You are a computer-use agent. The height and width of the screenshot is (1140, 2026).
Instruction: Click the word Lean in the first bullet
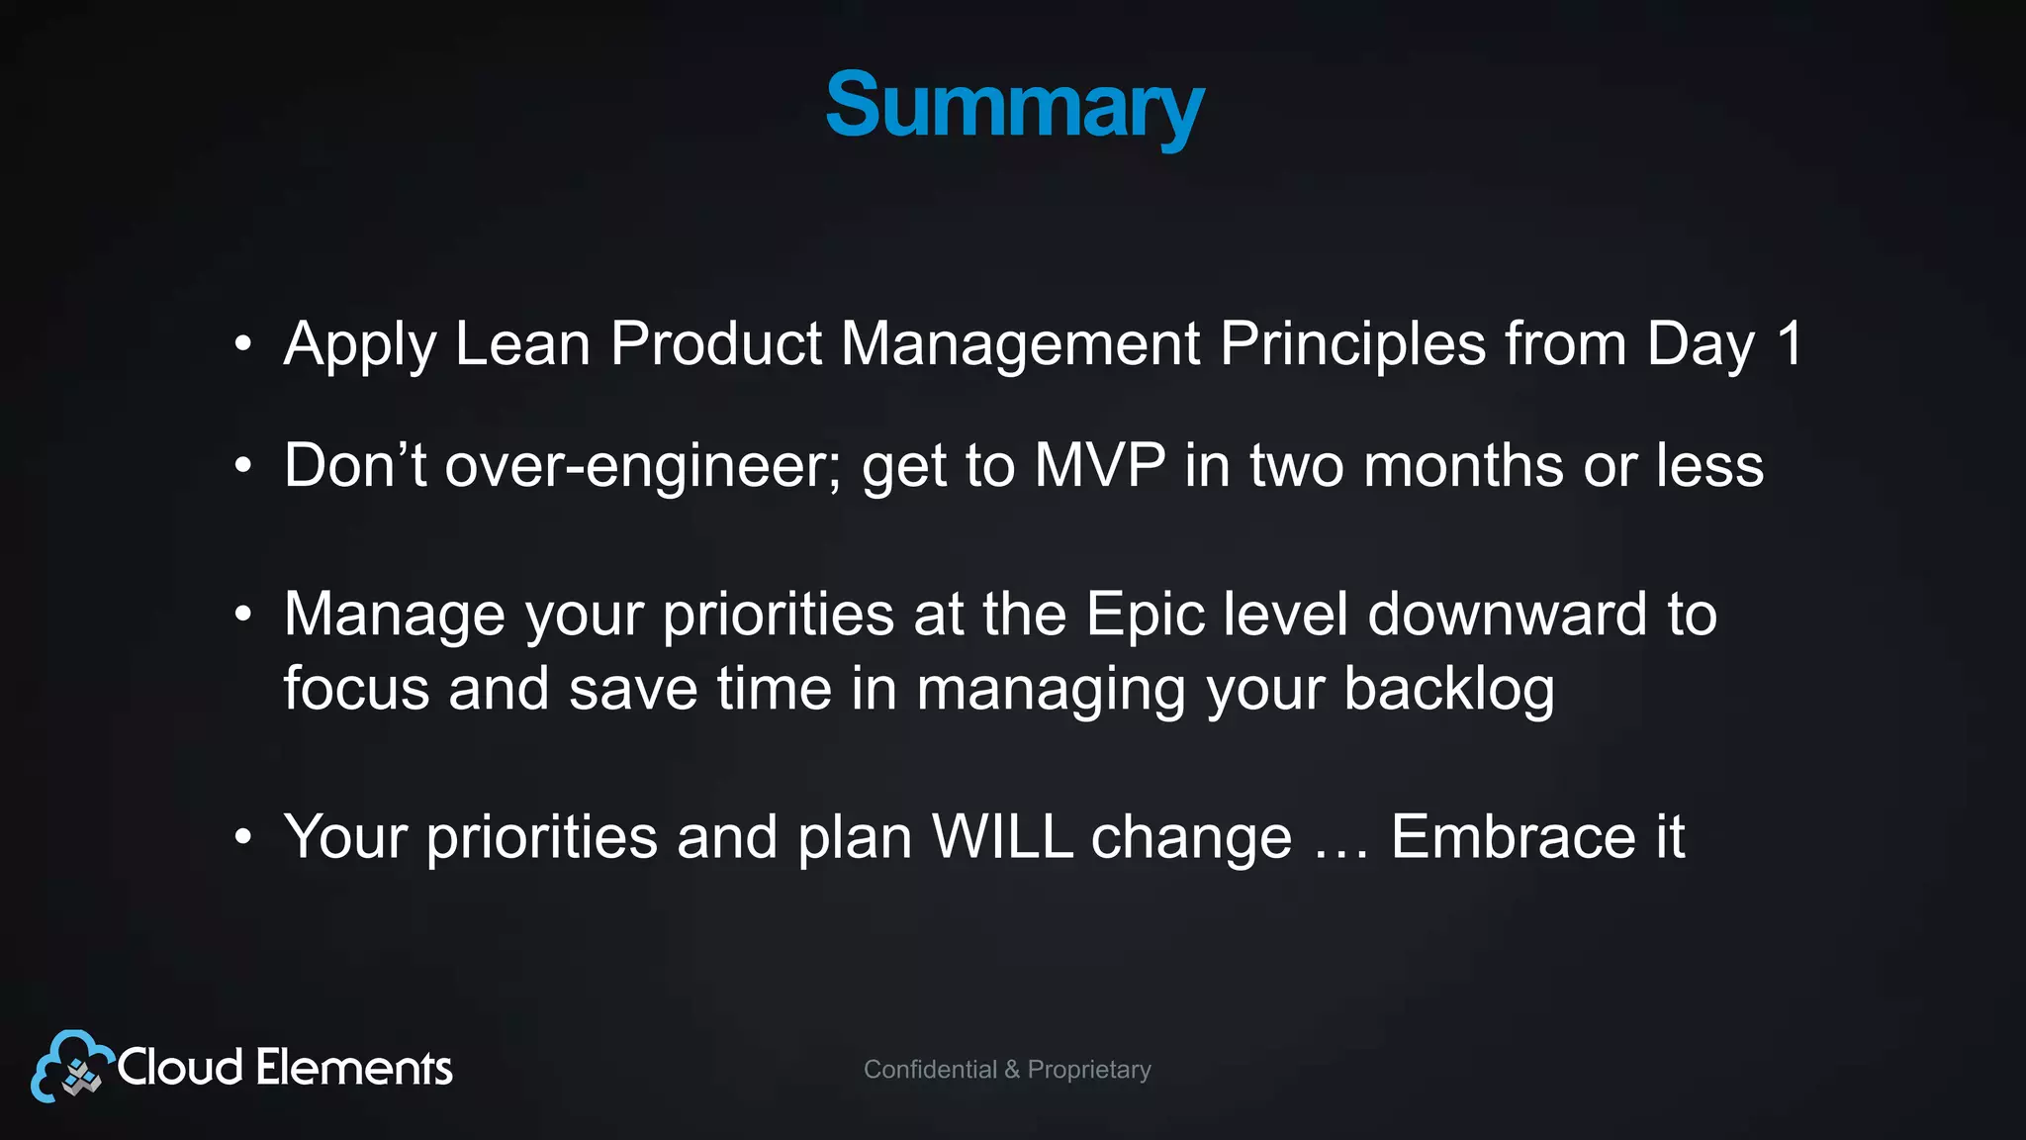(x=522, y=344)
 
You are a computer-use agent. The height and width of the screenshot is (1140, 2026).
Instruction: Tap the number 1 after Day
(x=1789, y=344)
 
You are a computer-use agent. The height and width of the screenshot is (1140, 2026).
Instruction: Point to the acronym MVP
(x=1099, y=465)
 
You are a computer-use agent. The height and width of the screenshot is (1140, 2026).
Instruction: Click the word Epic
(x=1145, y=615)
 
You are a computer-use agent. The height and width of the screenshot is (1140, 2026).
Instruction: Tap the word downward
(x=1507, y=615)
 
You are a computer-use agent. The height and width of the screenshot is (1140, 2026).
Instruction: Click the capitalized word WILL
(x=1002, y=837)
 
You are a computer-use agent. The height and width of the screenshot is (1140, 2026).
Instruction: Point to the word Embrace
(x=1513, y=837)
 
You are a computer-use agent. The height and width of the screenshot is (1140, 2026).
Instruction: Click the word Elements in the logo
(x=353, y=1068)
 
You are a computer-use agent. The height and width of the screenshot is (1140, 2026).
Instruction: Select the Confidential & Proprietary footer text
(x=1007, y=1070)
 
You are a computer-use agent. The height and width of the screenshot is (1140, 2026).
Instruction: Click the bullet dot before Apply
(x=243, y=345)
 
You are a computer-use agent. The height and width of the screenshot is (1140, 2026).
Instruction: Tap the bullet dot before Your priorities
(x=243, y=838)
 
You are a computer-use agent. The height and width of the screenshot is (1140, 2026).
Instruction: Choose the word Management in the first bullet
(x=1020, y=344)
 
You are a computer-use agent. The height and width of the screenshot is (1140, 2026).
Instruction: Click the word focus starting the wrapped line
(x=356, y=690)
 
